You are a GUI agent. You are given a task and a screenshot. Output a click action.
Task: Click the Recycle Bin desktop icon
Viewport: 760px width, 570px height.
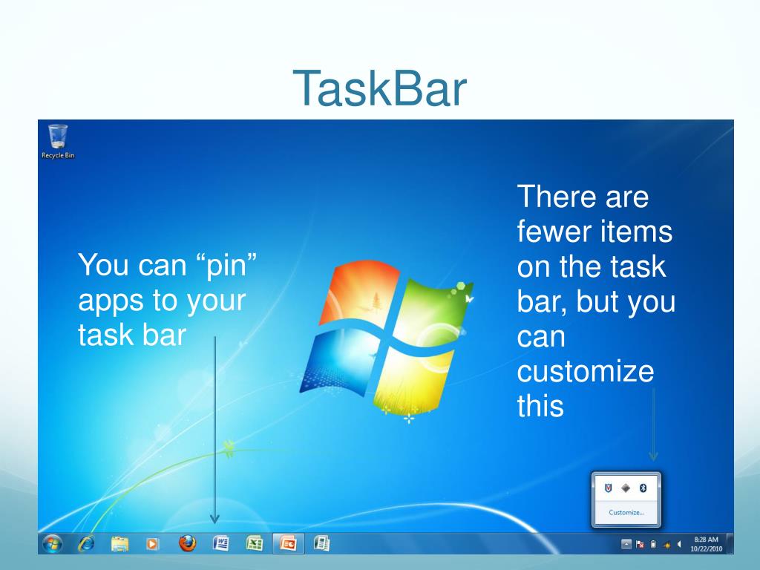coord(57,140)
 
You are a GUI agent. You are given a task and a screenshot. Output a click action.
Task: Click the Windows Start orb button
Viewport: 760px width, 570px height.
coord(52,543)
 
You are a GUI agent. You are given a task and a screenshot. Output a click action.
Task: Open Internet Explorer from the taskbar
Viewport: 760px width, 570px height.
coord(86,543)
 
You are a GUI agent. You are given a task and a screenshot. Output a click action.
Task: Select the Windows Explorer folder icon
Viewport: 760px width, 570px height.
coord(119,544)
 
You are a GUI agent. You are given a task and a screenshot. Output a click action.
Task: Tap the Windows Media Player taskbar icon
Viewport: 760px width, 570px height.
coord(152,544)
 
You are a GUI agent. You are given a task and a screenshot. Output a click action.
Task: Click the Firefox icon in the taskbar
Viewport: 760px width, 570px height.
coord(188,543)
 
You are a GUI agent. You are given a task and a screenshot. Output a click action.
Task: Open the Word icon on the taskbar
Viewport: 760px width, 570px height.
coord(220,543)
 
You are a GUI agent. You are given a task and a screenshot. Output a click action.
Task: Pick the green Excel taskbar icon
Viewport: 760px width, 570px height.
coord(255,543)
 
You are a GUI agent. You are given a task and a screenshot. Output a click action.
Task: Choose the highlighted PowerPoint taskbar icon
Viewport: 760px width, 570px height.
coord(288,544)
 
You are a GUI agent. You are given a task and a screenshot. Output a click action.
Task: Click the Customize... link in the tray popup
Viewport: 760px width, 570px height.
coord(626,512)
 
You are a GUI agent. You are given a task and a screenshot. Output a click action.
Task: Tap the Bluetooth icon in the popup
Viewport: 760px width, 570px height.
coord(643,488)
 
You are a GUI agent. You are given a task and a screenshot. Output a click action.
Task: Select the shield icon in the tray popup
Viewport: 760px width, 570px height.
coord(609,488)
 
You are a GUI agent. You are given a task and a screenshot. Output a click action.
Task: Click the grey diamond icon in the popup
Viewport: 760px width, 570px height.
coord(626,488)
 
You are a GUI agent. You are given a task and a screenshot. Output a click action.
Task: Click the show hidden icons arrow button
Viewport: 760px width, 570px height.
coord(626,544)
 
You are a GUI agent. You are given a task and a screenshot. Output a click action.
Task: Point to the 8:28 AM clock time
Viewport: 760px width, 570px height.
coord(706,540)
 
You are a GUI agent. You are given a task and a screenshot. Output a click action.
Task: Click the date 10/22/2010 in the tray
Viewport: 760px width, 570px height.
coord(706,549)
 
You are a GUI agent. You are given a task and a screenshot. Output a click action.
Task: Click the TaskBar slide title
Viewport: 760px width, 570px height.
coord(379,89)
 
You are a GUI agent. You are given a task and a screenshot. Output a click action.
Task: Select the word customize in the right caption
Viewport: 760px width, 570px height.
coord(586,372)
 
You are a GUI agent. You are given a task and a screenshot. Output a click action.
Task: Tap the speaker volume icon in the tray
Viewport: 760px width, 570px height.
coord(679,544)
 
